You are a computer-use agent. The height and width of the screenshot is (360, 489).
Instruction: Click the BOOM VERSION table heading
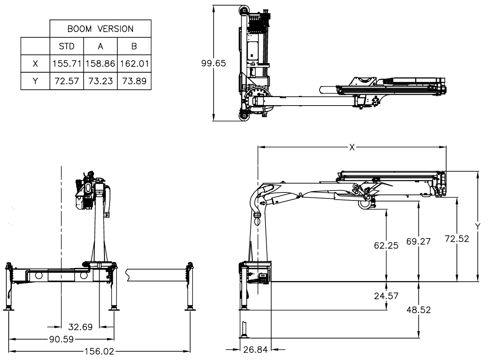tap(100, 29)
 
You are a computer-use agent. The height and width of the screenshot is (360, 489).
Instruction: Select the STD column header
tap(66, 46)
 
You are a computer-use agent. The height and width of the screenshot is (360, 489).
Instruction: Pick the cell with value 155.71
tap(66, 64)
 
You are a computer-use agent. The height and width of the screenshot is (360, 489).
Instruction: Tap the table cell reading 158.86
tap(100, 64)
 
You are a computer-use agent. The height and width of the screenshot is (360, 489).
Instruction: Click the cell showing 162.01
tap(134, 64)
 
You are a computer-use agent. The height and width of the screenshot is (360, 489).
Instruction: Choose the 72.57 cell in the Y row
tap(66, 81)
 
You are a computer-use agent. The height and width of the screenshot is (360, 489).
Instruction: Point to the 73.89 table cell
tap(134, 81)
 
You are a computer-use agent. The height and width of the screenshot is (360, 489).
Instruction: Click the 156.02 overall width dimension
tap(99, 351)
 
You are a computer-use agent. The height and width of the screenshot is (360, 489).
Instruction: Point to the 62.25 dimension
tap(386, 246)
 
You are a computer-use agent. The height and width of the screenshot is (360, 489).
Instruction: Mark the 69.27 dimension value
tap(419, 241)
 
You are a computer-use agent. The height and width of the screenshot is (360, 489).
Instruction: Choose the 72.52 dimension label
tap(457, 239)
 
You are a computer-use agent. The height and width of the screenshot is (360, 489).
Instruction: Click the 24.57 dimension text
tap(386, 296)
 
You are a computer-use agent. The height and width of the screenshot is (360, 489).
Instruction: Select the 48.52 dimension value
tap(419, 309)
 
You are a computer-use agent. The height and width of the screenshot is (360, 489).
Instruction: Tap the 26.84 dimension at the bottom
tap(255, 350)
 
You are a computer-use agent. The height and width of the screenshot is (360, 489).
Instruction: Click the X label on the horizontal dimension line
tap(352, 147)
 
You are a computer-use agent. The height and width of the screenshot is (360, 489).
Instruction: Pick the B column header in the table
tap(134, 46)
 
